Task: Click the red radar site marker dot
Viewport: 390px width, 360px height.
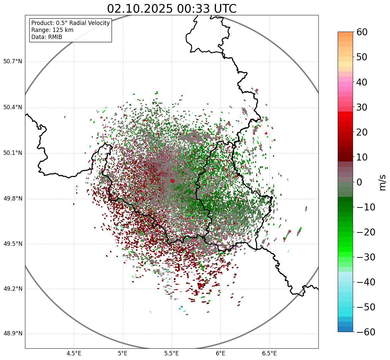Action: pos(172,181)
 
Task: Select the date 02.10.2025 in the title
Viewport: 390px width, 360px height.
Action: pos(140,9)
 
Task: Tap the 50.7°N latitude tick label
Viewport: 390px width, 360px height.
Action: pos(13,62)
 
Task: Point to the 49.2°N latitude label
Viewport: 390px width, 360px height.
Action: pos(13,289)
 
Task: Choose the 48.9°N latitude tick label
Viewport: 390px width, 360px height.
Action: pos(13,334)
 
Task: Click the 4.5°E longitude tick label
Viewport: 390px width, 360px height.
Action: pos(74,353)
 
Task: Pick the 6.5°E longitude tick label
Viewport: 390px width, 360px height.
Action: pos(269,353)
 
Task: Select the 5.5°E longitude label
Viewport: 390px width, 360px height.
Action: pos(172,353)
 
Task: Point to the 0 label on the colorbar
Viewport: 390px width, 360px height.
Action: pos(359,182)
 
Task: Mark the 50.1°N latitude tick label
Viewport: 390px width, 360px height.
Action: pos(13,153)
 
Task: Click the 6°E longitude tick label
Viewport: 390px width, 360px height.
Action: pos(220,353)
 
